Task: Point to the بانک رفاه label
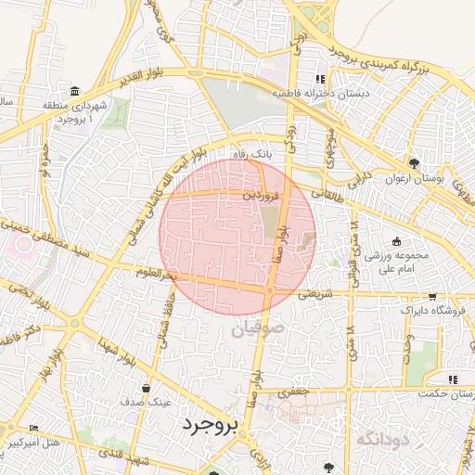coord(254,156)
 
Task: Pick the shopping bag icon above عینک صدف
coord(146,389)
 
